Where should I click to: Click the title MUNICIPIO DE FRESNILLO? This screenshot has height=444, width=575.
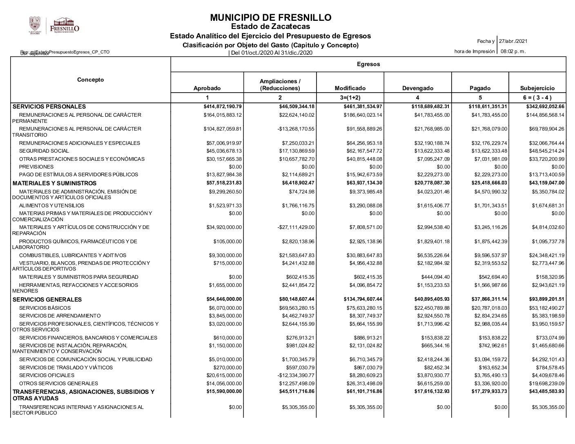point(270,18)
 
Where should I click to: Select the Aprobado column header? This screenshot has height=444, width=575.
point(207,88)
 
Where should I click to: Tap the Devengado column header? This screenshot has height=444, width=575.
point(417,88)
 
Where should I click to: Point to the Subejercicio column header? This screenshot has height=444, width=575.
point(537,88)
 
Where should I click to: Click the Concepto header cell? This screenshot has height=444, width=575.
point(90,80)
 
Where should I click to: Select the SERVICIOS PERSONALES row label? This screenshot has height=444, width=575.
point(49,107)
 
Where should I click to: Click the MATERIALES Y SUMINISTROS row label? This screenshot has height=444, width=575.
point(55,183)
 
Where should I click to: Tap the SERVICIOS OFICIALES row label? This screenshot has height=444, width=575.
point(47,375)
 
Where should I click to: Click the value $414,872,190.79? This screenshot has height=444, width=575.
point(220,107)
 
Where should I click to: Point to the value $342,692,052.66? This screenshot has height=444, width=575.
point(542,107)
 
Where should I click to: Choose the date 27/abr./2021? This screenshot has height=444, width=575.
point(513,41)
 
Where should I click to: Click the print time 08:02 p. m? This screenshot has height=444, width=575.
point(513,51)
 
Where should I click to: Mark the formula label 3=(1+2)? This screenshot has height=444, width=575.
point(350,98)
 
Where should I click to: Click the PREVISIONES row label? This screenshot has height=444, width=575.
point(36,166)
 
